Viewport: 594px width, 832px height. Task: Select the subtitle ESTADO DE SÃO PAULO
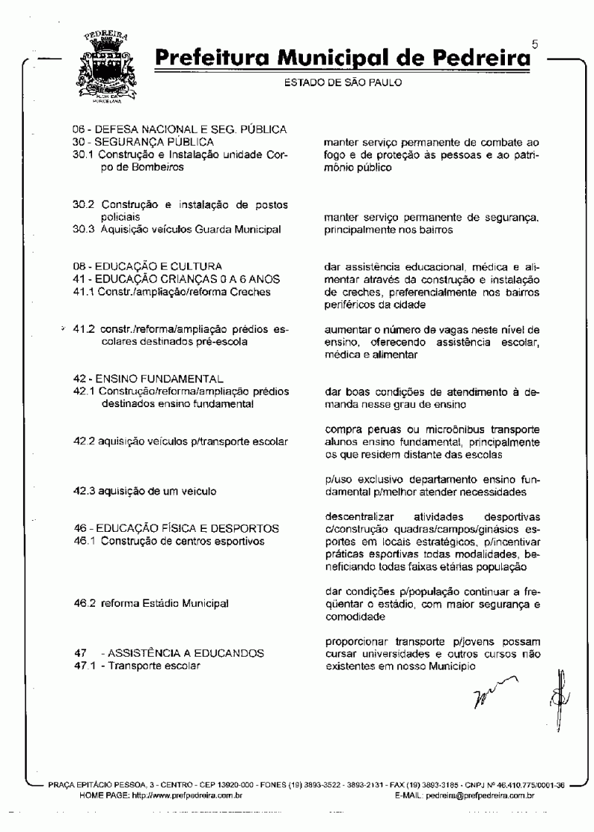pos(343,82)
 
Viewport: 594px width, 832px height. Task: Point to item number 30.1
pos(82,155)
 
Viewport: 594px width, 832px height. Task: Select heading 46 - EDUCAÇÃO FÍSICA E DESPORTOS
pos(176,528)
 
